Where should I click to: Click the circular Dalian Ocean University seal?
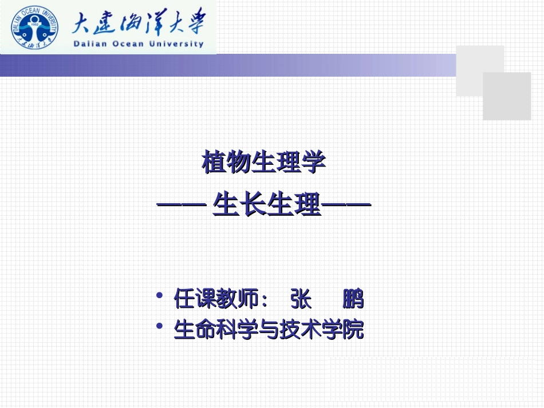pos(34,27)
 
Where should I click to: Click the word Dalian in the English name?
pos(92,44)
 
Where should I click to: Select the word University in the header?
pos(178,44)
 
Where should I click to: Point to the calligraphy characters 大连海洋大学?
pos(137,23)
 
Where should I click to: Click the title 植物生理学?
pos(264,163)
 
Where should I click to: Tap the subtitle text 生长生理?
pos(266,205)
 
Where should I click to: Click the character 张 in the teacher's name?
pos(301,299)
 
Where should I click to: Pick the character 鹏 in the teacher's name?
pos(353,299)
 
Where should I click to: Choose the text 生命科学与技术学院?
pos(269,330)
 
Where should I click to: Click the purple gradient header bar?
pos(229,65)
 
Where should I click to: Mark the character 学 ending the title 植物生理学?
pos(315,163)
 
